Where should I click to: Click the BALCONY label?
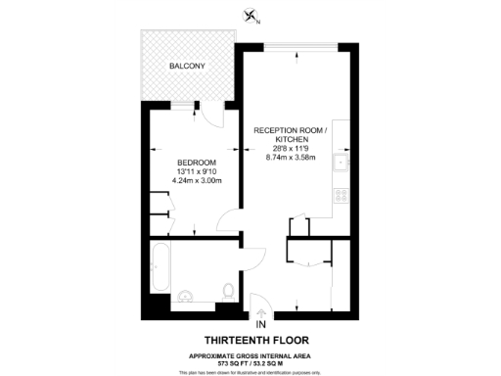point(186,67)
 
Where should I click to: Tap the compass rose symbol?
point(252,15)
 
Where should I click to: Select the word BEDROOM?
point(196,162)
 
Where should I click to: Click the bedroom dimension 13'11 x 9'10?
point(196,171)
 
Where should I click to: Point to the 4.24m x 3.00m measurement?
point(196,181)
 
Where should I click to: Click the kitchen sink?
point(340,164)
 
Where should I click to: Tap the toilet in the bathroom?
point(228,291)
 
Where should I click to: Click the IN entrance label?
point(261,325)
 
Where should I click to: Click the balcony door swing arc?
point(209,116)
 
